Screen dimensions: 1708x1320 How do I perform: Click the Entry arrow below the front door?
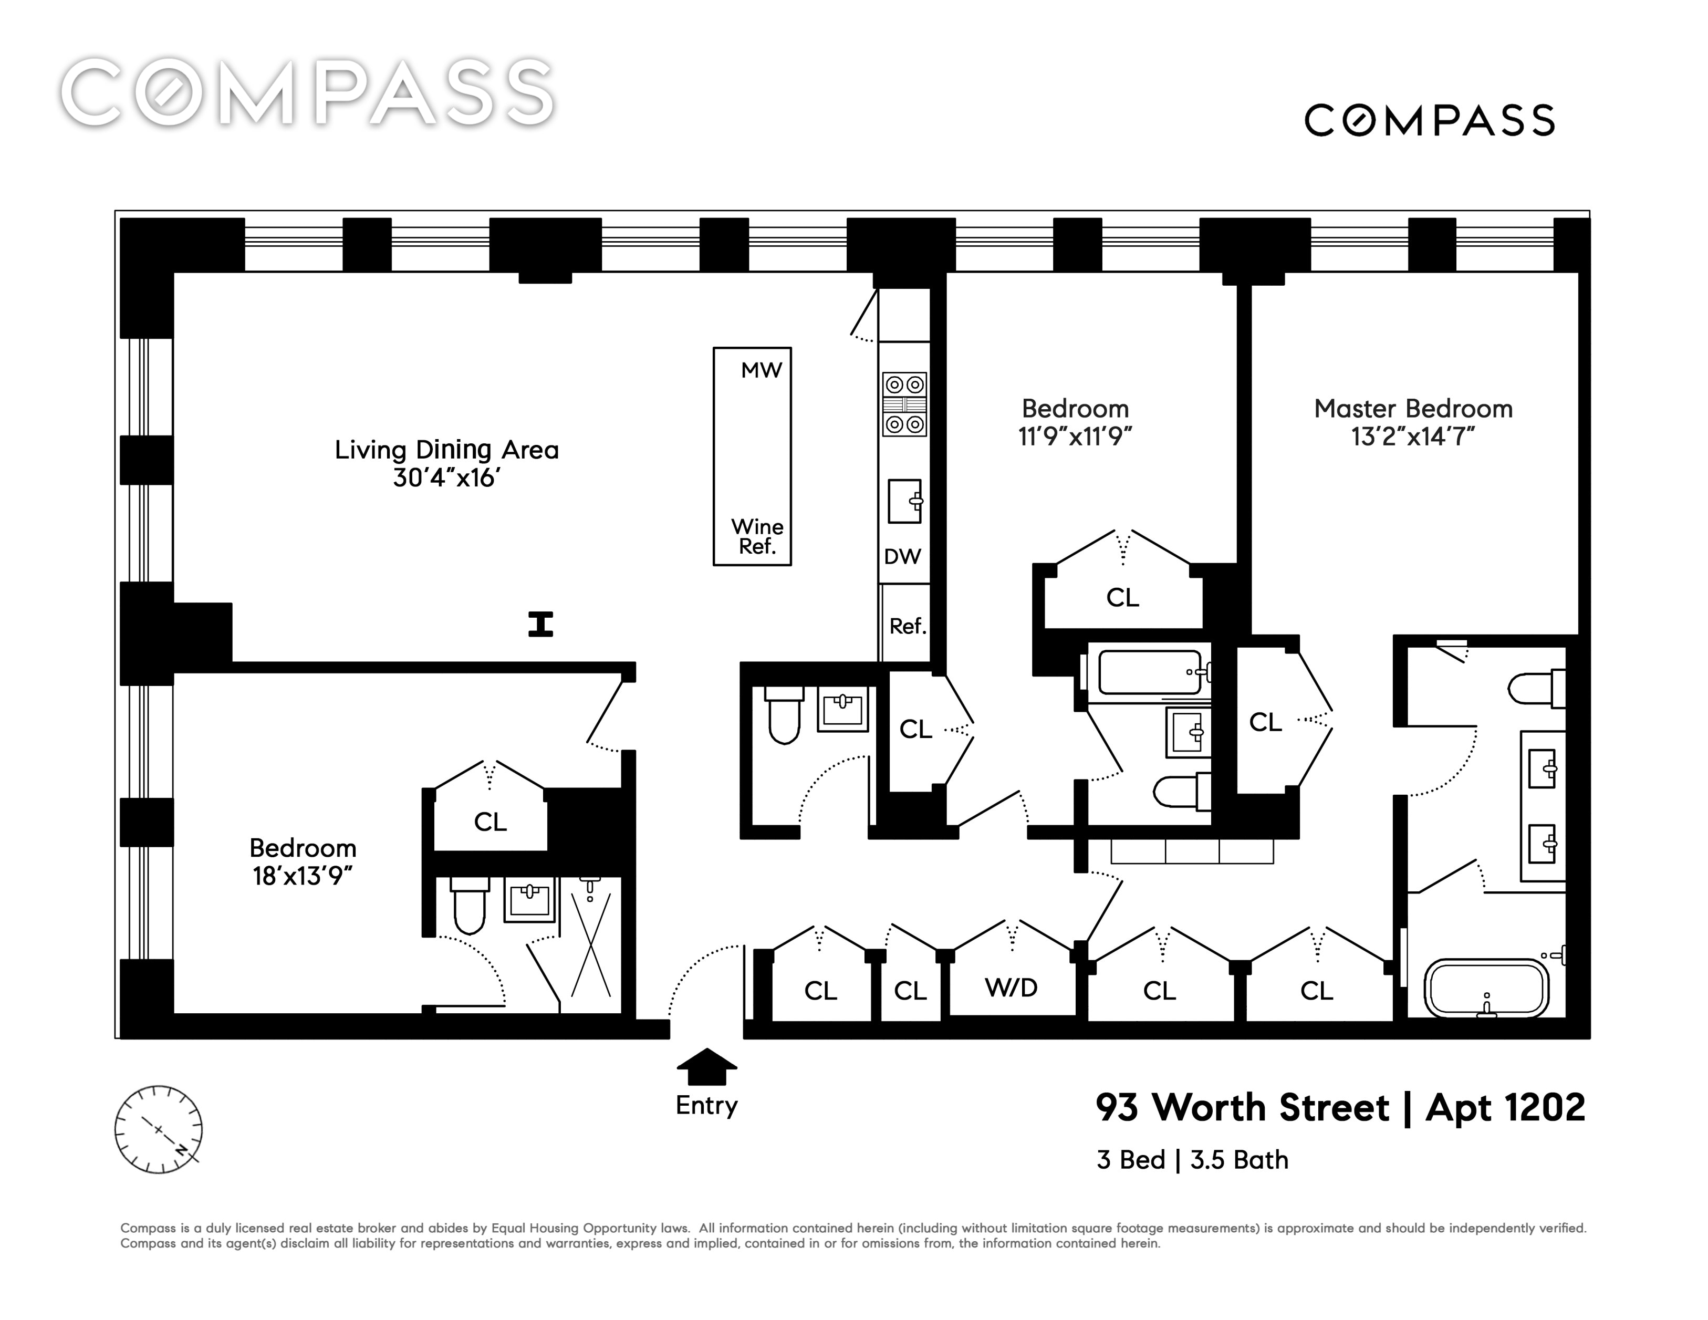point(706,1067)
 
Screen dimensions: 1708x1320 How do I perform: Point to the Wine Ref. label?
point(757,536)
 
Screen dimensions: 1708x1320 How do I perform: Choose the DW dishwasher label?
point(902,557)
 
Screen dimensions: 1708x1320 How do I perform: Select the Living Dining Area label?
point(446,450)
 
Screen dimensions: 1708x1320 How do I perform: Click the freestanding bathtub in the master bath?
point(1486,989)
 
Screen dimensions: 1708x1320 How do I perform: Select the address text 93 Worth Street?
point(1243,1107)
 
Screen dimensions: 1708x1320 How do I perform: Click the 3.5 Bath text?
point(1240,1160)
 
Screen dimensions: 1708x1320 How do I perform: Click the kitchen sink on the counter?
point(905,501)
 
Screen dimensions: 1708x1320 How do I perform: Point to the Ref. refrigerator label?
point(907,626)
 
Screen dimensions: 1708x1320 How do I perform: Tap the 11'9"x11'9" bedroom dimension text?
point(1075,436)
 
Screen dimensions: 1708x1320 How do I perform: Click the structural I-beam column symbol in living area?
point(540,624)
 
